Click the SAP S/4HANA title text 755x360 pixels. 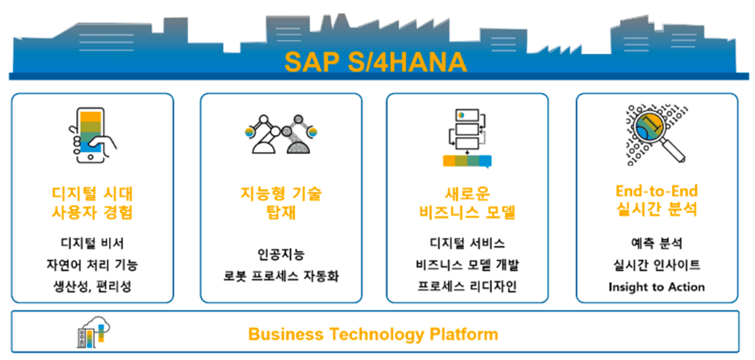click(375, 62)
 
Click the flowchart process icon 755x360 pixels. click(467, 138)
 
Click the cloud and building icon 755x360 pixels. click(94, 332)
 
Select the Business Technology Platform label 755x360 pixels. click(374, 334)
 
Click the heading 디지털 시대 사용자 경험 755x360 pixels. click(92, 203)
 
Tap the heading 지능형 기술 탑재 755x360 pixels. click(281, 203)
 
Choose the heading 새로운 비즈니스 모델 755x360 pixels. click(467, 203)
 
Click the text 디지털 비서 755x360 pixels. click(92, 243)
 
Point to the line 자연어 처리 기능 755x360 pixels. click(92, 265)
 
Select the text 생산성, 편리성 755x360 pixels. click(92, 287)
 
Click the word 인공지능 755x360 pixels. click(281, 254)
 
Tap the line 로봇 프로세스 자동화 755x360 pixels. click(281, 277)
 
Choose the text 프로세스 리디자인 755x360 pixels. click(467, 287)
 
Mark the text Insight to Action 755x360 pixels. click(656, 288)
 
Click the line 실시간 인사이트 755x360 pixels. click(656, 265)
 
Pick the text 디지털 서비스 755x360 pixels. click(467, 243)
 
